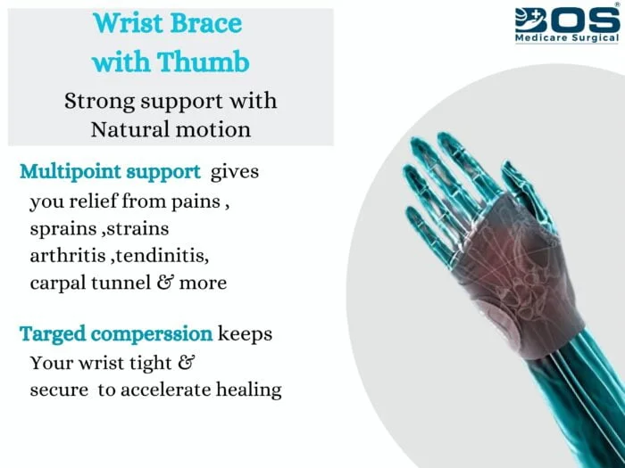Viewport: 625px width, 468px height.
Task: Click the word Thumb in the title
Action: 204,62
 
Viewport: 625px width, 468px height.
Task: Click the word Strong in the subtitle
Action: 100,102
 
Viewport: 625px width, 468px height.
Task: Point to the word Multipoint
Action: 71,172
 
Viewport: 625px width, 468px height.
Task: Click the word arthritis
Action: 68,256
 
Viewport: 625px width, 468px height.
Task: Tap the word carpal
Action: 58,283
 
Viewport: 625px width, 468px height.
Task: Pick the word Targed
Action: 53,333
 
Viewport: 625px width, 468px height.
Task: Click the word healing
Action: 249,390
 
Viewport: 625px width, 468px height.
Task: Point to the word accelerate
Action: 165,390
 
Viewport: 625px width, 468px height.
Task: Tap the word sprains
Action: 63,230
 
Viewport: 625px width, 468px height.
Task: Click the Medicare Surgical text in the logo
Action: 567,37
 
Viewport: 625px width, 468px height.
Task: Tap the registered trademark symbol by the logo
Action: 618,4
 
